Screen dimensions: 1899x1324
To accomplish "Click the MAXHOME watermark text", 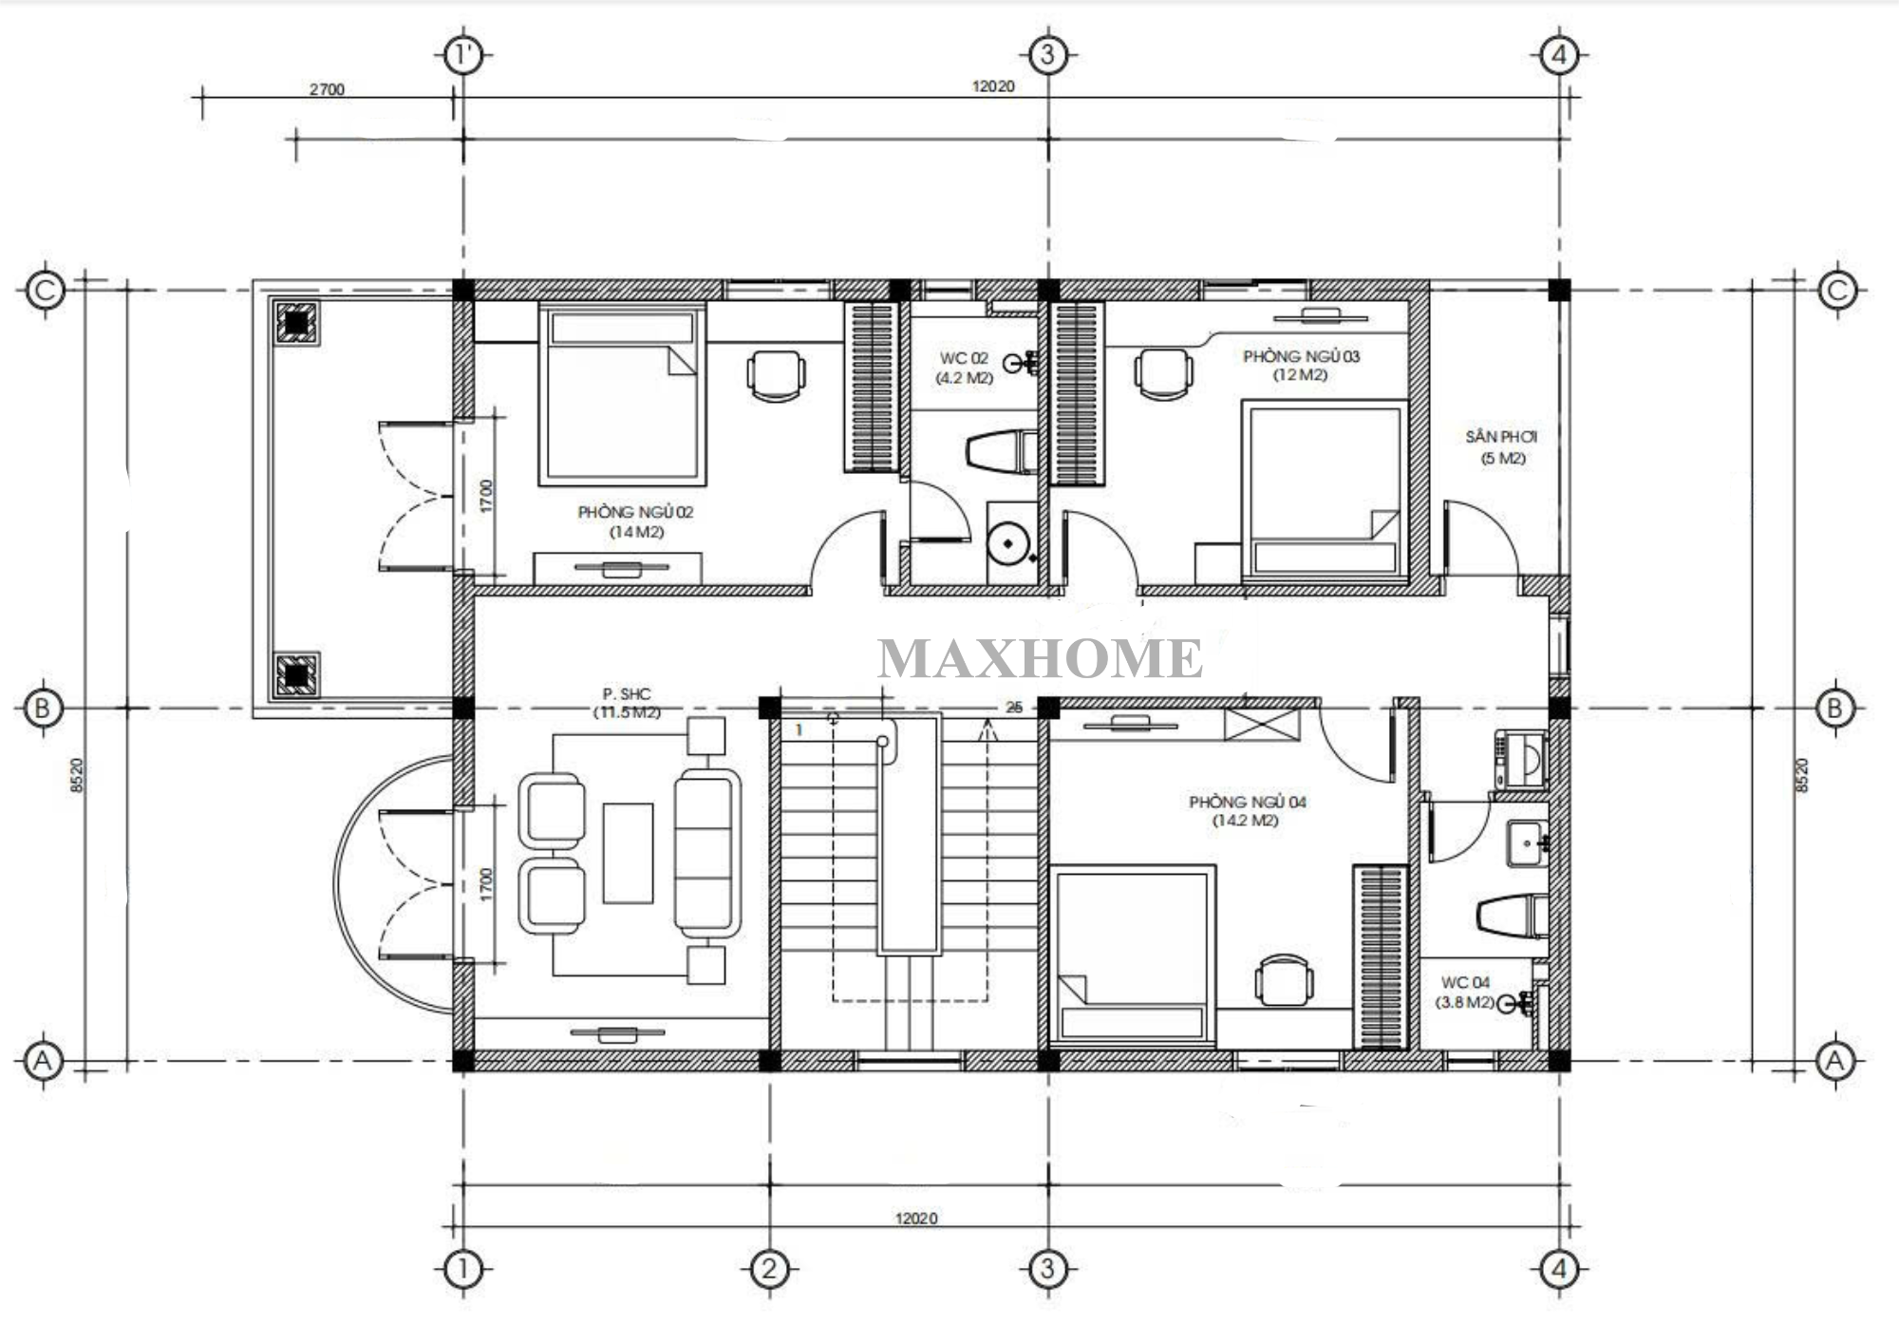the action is (1040, 658).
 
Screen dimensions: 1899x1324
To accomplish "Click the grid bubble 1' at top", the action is (463, 55).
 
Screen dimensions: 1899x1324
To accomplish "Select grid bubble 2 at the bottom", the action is (769, 1269).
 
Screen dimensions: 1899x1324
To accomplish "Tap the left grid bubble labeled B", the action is (42, 708).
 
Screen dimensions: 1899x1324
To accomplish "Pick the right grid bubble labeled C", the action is (1837, 290).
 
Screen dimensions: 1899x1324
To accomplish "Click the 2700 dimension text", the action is (327, 89).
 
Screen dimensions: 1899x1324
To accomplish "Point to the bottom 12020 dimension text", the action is (916, 1219).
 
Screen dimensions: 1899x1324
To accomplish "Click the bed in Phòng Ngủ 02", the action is (622, 394).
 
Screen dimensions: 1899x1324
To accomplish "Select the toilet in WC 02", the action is (1002, 450).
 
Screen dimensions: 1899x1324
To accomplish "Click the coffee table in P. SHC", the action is (628, 853).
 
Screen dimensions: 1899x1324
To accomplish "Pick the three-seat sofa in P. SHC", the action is (707, 853).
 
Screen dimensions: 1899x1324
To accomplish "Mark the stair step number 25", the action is (1014, 708).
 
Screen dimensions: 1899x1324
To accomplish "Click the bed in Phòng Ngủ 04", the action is (1133, 954).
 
